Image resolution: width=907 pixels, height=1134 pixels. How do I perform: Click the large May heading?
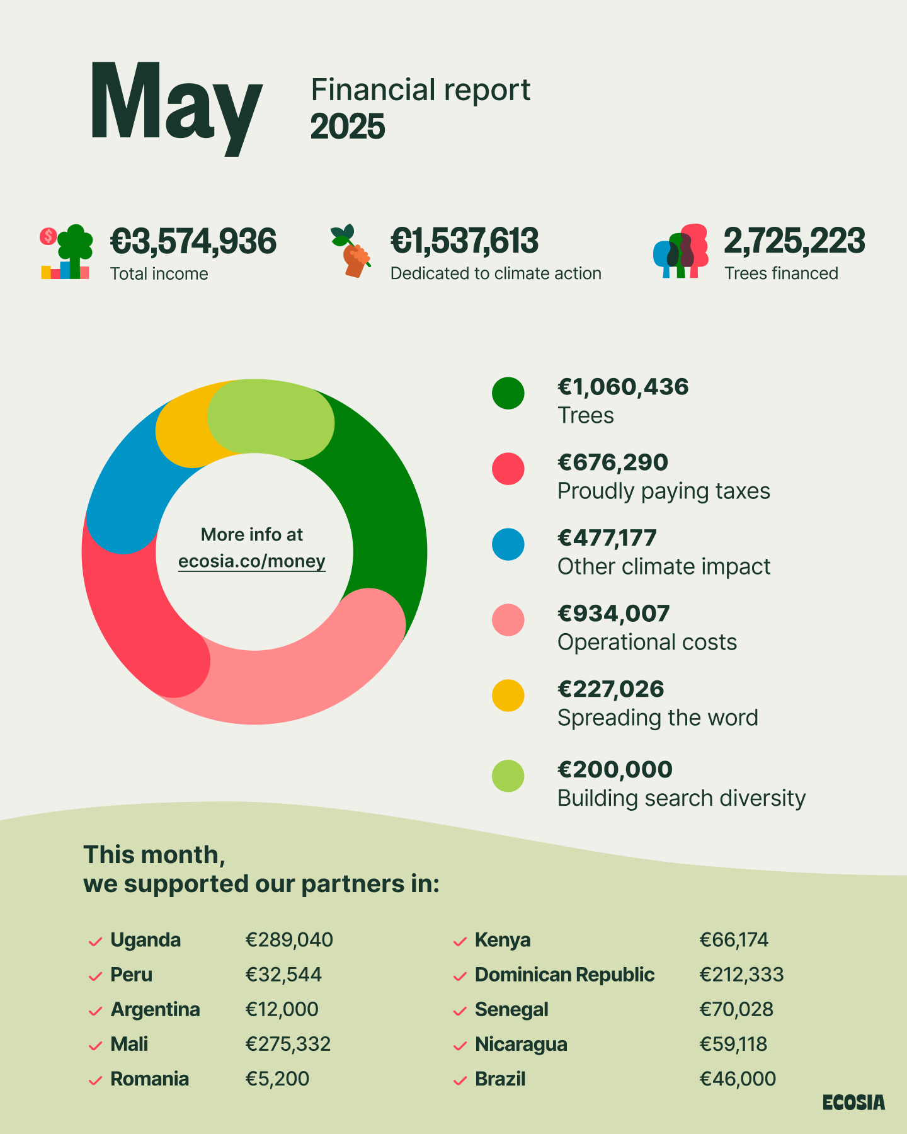click(175, 104)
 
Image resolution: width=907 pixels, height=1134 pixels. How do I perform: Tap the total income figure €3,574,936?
click(193, 241)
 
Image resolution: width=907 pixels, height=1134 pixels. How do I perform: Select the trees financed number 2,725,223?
click(794, 241)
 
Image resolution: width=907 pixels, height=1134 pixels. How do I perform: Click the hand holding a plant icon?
click(352, 251)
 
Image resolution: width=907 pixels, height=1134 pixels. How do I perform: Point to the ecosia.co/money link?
click(252, 561)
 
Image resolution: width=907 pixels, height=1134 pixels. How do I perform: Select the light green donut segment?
click(271, 419)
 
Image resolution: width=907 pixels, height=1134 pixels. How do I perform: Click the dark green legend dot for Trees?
click(508, 393)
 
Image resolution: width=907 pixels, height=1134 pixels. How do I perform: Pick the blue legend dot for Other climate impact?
click(508, 544)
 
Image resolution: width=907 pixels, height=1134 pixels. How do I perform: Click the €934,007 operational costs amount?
click(613, 614)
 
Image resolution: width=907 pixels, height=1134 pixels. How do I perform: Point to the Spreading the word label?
click(658, 718)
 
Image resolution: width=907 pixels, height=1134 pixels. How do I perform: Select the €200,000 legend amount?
click(615, 769)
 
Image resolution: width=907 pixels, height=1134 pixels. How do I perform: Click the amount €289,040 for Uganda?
click(289, 940)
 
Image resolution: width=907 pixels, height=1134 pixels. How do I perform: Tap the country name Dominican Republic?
click(564, 975)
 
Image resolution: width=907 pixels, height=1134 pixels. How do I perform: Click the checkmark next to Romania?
click(95, 1080)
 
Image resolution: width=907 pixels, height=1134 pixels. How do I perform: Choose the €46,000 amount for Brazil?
click(738, 1079)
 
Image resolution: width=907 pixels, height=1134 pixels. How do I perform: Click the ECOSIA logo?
click(853, 1103)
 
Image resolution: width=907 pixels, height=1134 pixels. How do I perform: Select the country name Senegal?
click(511, 1009)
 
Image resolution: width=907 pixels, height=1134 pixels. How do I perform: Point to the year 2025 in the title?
click(347, 127)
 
